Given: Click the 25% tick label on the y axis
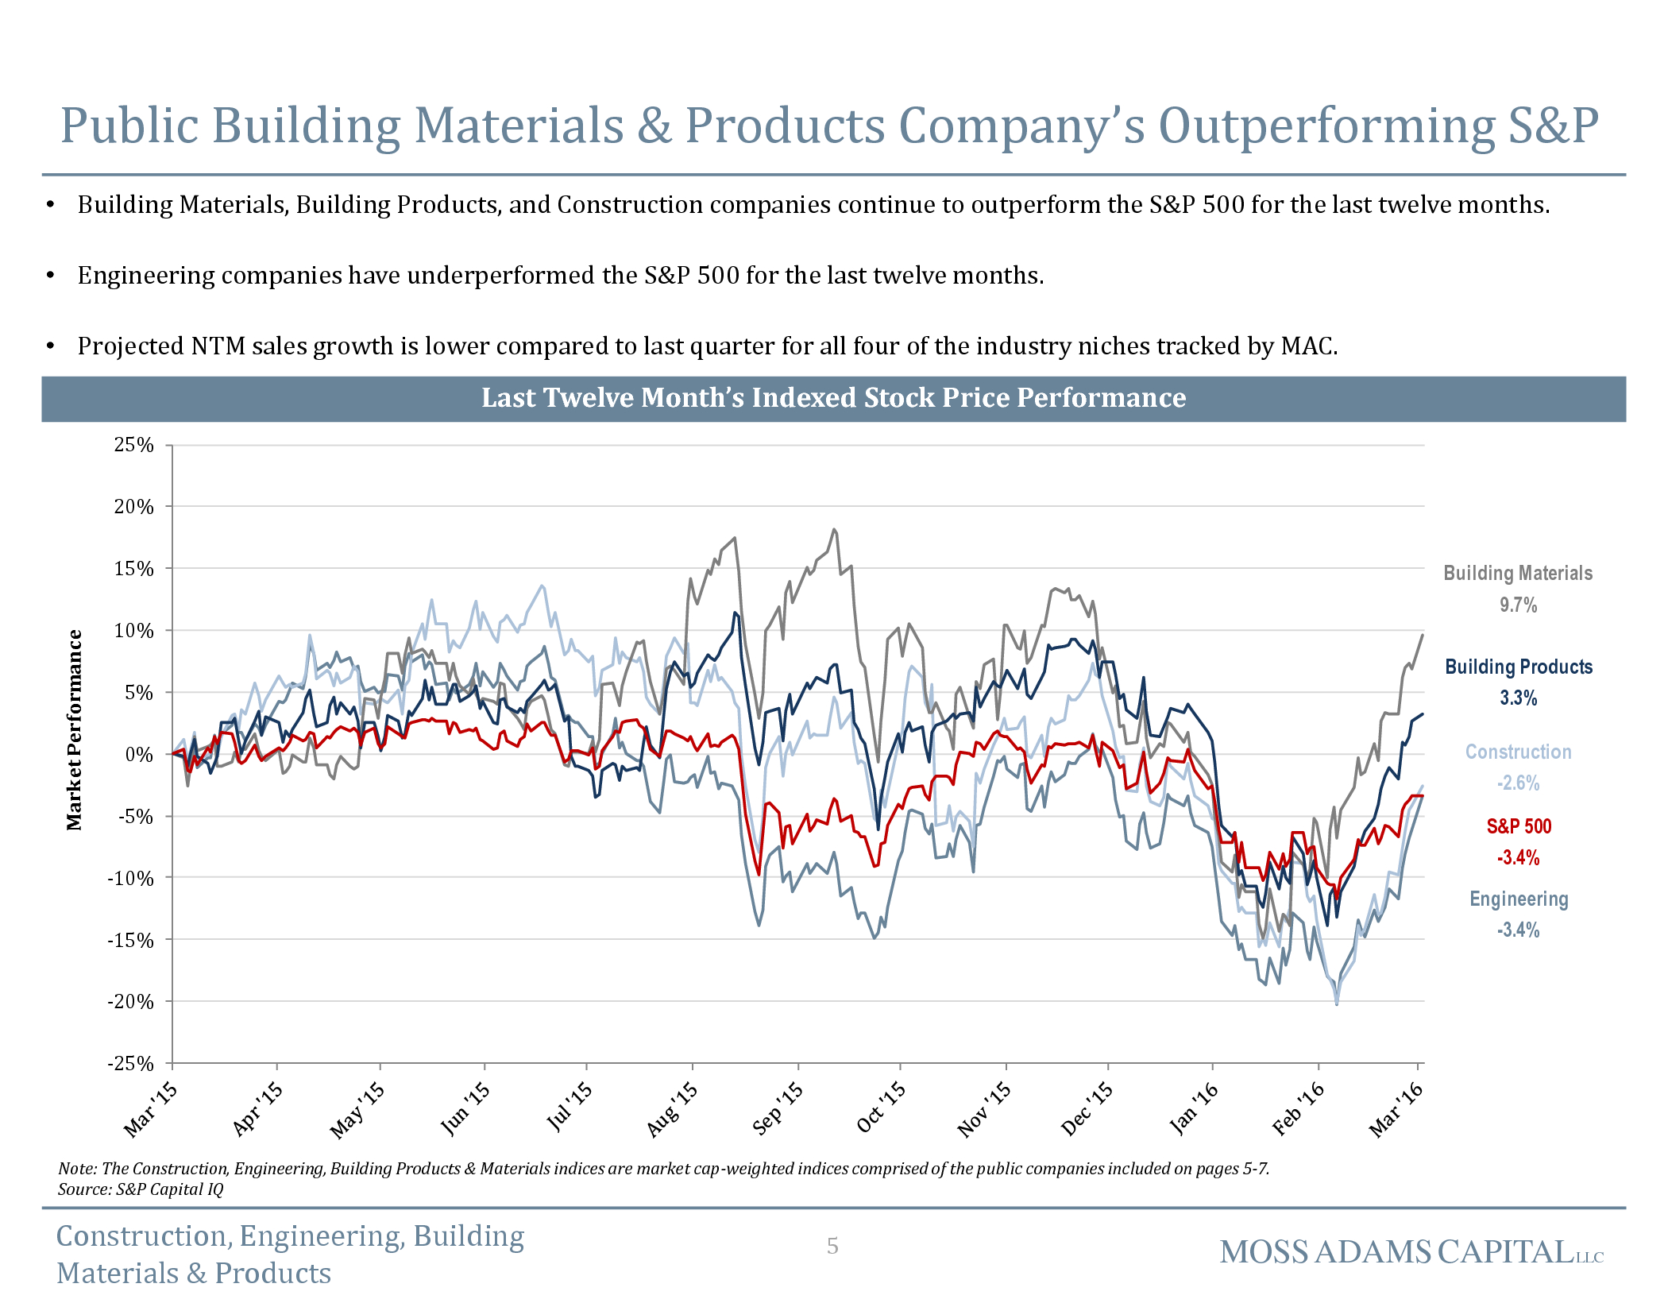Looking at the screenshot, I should [133, 445].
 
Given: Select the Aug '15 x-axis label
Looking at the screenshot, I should [672, 1109].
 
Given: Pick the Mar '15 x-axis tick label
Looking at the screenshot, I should [151, 1109].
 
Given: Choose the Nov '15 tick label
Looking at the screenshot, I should [984, 1109].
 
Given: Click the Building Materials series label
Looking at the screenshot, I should [1517, 573].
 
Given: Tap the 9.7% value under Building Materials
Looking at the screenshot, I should [1518, 605].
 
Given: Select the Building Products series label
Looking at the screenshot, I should [1518, 667].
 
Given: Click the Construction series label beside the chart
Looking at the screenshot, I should [1518, 752].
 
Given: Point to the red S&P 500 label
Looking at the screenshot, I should [1518, 826].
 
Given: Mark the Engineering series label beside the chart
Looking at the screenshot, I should [1518, 899].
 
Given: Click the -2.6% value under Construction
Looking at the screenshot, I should [1518, 783].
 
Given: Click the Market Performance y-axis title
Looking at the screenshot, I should [74, 729].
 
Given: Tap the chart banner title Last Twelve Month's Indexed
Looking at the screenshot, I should [833, 398].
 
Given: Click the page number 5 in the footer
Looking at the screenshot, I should [832, 1246].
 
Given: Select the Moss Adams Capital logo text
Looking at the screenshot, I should [1411, 1252].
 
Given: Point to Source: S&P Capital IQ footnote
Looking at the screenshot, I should [141, 1189].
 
